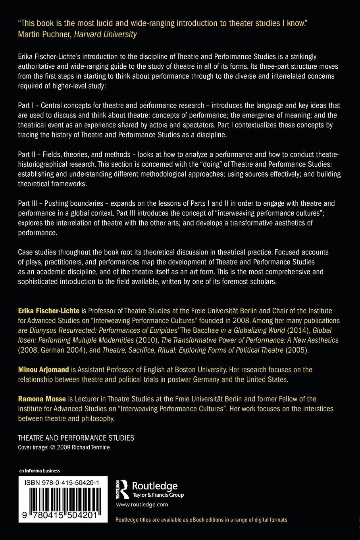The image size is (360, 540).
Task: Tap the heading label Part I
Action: pyautogui.click(x=27, y=106)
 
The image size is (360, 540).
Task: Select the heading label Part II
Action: pyautogui.click(x=28, y=154)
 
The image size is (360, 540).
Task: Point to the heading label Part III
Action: pyautogui.click(x=29, y=203)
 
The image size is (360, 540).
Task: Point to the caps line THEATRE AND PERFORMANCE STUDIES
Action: pyautogui.click(x=76, y=438)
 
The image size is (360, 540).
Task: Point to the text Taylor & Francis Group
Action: pyautogui.click(x=157, y=495)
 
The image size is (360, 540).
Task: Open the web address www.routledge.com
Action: pyautogui.click(x=142, y=505)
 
